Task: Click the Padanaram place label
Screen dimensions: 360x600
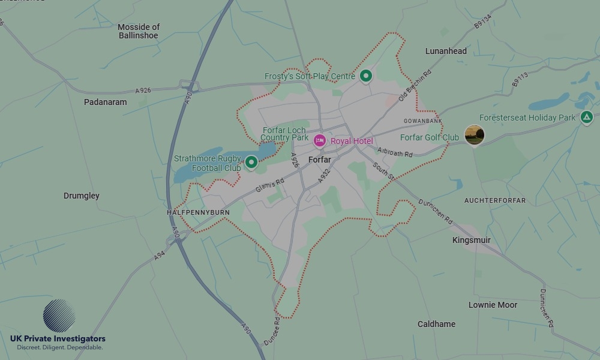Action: pos(106,102)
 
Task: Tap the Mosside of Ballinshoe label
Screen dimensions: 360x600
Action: pos(139,31)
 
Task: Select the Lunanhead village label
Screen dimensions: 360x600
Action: pos(446,51)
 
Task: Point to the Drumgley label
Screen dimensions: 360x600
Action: pos(82,196)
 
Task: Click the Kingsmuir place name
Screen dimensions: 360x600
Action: pos(471,240)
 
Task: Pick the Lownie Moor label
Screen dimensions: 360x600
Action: pos(493,305)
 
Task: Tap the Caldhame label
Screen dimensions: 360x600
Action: pos(436,324)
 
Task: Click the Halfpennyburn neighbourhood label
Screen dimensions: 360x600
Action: pos(198,213)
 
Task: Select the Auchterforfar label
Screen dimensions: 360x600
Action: pos(495,200)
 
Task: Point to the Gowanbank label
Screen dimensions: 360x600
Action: pos(422,121)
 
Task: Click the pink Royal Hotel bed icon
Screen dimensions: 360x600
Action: pos(320,141)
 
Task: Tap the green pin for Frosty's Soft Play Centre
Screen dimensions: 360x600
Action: pos(366,76)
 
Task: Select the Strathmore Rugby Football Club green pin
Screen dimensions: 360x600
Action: pos(251,162)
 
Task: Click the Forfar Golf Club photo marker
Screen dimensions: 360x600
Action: pos(475,135)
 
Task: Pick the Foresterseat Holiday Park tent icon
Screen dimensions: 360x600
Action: pos(587,118)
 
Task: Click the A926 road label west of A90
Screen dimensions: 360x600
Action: pos(143,91)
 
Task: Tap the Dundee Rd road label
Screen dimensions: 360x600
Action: pos(272,331)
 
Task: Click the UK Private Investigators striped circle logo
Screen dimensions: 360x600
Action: pos(59,316)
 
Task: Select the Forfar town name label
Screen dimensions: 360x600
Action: pos(319,160)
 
